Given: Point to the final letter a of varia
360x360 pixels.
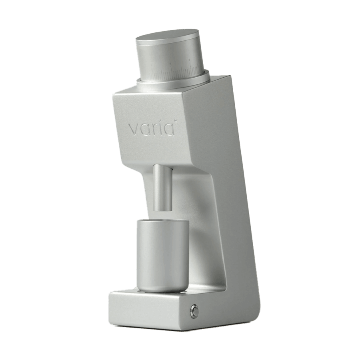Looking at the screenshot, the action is pyautogui.click(x=168, y=130).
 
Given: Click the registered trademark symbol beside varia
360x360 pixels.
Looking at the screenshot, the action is pyautogui.click(x=176, y=120).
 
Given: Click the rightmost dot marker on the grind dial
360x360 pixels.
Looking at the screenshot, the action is pyautogui.click(x=190, y=60).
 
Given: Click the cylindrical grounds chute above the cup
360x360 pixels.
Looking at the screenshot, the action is pyautogui.click(x=163, y=188).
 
